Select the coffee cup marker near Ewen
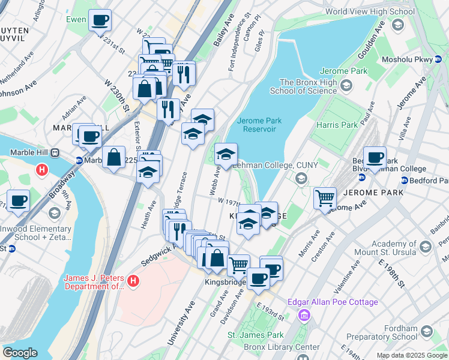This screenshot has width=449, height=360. click(x=100, y=22)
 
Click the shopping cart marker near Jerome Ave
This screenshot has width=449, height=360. click(x=324, y=197)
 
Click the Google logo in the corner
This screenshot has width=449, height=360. click(x=20, y=353)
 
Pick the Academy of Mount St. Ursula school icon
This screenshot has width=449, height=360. click(x=426, y=247)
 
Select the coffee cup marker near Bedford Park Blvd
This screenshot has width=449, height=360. click(x=375, y=158)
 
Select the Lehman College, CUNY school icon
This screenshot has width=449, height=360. click(x=301, y=178)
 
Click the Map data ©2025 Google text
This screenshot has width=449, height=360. click(x=412, y=355)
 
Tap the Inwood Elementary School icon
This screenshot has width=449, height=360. click(x=54, y=214)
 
